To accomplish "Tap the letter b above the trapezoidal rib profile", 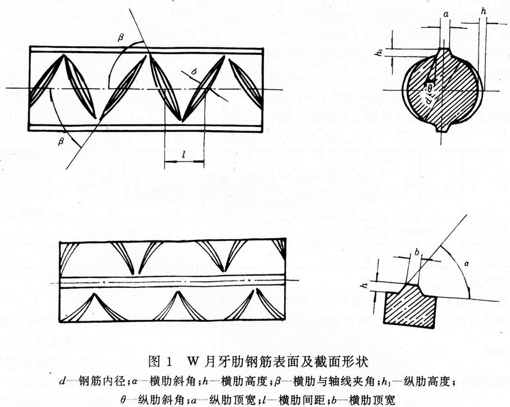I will pyautogui.click(x=417, y=253).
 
